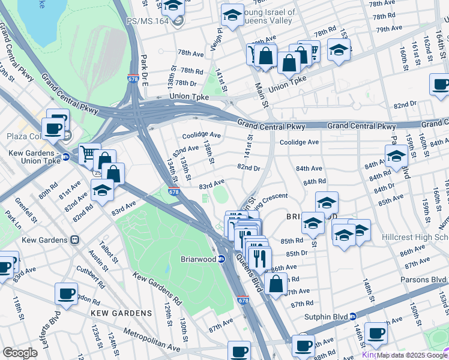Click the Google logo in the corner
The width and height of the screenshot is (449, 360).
(20, 353)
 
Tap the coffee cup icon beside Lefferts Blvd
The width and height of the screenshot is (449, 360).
(66, 295)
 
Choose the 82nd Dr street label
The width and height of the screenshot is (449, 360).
(249, 168)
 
